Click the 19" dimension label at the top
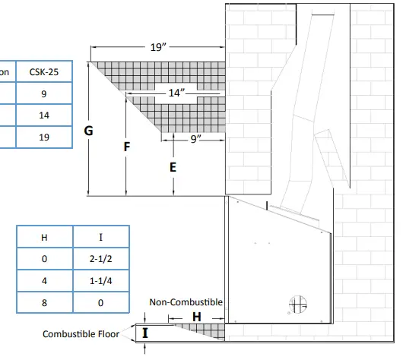[158, 47]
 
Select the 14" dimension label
[176, 93]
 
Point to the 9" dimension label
[196, 139]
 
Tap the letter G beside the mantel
[89, 131]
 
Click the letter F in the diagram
[127, 147]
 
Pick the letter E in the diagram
[173, 167]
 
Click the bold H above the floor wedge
[197, 317]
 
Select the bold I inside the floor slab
[145, 333]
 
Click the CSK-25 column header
[44, 71]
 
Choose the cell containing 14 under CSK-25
[44, 115]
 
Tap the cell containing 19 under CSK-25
[44, 137]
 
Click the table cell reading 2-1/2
[100, 258]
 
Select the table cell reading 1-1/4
[100, 281]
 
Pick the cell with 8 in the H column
[44, 302]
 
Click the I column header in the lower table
[100, 237]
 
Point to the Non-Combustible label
[186, 302]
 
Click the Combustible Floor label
[81, 334]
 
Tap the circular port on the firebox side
[298, 305]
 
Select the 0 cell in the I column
[100, 302]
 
